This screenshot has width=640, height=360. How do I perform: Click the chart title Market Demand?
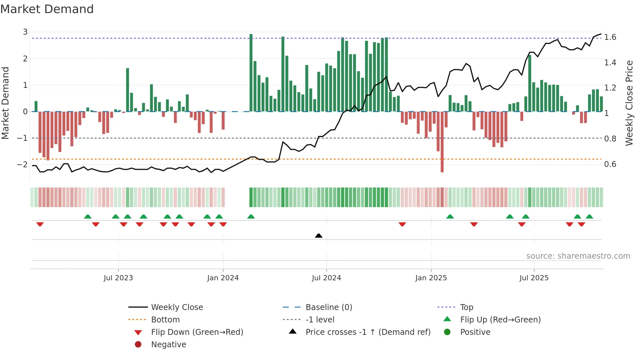(x=47, y=9)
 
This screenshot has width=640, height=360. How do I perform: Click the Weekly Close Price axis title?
(x=629, y=103)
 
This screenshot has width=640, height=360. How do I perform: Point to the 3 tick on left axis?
(x=25, y=32)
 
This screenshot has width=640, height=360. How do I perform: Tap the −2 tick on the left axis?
(x=23, y=164)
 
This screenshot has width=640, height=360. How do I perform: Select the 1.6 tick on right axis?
(x=610, y=37)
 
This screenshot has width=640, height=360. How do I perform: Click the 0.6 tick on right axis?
(x=610, y=164)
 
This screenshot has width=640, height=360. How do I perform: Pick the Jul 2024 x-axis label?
(x=326, y=278)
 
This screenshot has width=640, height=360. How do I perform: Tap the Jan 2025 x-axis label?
(x=431, y=278)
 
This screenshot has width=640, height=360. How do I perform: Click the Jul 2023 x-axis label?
(x=118, y=278)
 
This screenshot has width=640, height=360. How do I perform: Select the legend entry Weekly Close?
(x=177, y=307)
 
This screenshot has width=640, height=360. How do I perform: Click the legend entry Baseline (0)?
(x=328, y=307)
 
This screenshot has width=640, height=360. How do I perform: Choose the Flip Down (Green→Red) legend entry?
(x=197, y=332)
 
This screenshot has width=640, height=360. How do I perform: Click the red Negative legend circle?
(x=138, y=345)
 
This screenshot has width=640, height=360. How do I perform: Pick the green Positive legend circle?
(x=447, y=332)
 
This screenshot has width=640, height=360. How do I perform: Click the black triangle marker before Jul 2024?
(x=319, y=236)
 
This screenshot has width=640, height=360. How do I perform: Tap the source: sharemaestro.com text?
(x=578, y=256)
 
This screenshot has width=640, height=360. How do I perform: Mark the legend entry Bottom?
(x=165, y=320)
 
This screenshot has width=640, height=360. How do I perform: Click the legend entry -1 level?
(x=320, y=320)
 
